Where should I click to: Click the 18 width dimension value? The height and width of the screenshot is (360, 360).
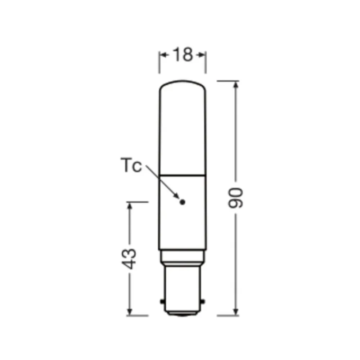183,55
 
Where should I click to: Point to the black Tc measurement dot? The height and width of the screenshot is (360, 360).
182,202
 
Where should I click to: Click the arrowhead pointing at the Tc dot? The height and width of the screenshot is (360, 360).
177,196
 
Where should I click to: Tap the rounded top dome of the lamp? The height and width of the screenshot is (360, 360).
183,84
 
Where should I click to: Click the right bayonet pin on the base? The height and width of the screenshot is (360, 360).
204,300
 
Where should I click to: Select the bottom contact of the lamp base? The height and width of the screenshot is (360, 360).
183,314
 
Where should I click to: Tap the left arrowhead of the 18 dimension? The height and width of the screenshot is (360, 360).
162,55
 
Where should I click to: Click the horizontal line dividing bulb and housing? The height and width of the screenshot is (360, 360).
183,175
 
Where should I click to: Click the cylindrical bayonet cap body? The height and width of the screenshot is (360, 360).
183,284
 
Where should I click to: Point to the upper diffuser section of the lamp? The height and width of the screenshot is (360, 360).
183,130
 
